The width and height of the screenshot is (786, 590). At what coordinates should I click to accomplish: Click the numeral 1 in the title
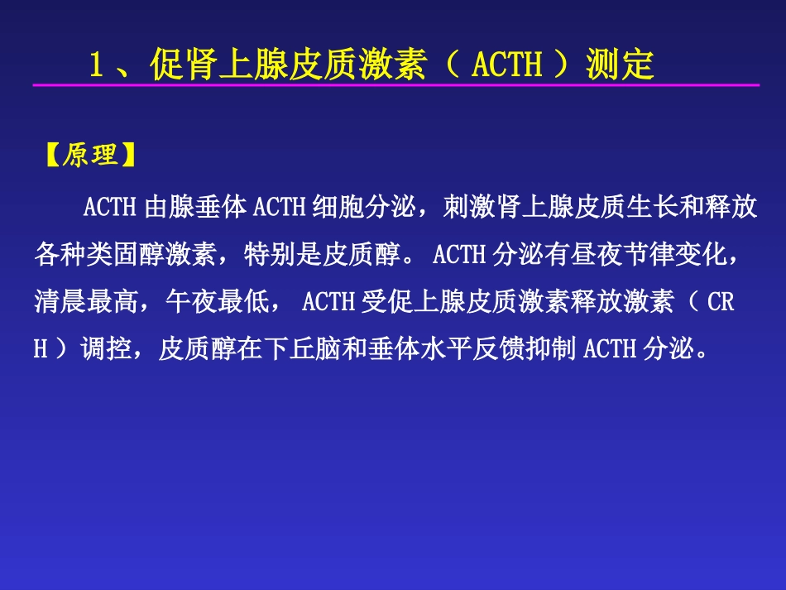pyautogui.click(x=98, y=64)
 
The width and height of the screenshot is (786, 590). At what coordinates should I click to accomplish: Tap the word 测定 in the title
pyautogui.click(x=620, y=64)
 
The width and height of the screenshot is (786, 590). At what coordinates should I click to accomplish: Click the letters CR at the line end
pyautogui.click(x=721, y=301)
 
